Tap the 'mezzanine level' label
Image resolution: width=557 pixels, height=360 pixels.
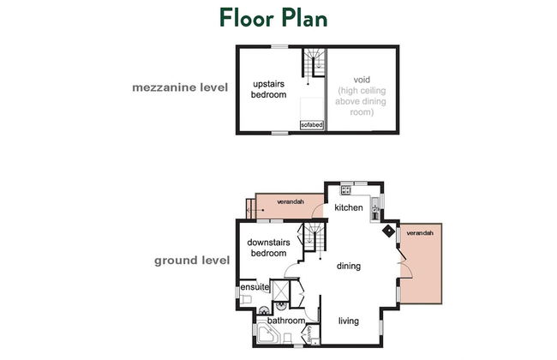tap(179, 87)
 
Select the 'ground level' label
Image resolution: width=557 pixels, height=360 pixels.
tap(191, 260)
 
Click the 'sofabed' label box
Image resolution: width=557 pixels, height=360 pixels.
tap(311, 125)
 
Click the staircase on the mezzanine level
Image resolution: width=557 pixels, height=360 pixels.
tap(314, 63)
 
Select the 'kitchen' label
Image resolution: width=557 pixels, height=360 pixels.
tap(349, 208)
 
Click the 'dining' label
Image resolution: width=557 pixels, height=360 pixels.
tap(349, 266)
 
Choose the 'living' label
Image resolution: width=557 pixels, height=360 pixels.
tap(348, 321)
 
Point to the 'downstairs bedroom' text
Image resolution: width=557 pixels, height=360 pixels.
tap(267, 248)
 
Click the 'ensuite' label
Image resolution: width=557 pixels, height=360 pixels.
tap(255, 287)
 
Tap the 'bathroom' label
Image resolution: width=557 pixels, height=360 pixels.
tap(285, 321)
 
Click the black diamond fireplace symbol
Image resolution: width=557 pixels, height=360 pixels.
tap(388, 230)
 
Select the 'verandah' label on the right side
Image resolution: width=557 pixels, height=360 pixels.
tap(420, 233)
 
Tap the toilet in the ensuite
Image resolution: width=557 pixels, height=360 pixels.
tap(246, 298)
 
